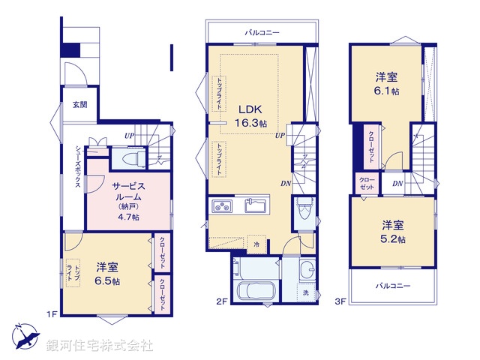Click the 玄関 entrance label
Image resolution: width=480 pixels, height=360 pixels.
point(79,105)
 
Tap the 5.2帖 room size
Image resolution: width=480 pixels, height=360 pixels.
point(392,239)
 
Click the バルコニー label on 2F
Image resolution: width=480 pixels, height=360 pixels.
point(262,32)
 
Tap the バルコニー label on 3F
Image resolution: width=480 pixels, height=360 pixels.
point(392,286)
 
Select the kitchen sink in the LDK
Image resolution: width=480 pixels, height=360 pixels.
point(256,205)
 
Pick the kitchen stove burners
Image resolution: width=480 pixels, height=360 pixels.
point(223,206)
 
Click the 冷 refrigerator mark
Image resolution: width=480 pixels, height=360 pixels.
point(256,244)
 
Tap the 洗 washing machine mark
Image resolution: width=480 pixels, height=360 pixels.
point(305,292)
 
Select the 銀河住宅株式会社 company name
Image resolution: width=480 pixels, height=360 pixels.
point(100,346)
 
